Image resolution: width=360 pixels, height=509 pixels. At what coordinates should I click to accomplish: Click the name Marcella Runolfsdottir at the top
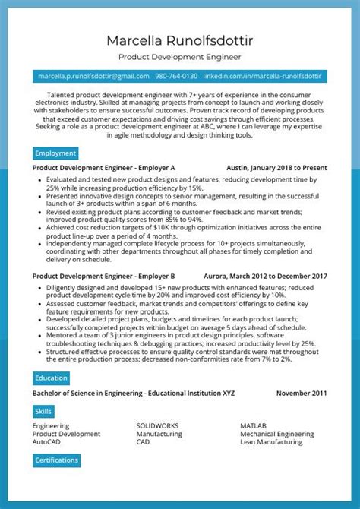[180, 40]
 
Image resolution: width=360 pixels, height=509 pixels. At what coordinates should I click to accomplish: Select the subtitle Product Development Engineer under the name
[180, 57]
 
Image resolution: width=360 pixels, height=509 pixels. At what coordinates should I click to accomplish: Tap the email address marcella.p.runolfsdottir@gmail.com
[93, 76]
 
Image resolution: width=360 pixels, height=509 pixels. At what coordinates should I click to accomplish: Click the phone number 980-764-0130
[176, 76]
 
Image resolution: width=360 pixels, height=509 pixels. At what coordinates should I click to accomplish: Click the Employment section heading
[55, 153]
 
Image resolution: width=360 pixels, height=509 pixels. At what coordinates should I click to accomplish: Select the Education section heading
[51, 378]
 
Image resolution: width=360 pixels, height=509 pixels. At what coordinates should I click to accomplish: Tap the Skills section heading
[43, 411]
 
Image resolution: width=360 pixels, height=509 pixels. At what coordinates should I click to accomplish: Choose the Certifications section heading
[57, 460]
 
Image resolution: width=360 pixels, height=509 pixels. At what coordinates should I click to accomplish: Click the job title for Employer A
[104, 168]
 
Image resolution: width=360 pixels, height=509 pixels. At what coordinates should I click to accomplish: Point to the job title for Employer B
[104, 276]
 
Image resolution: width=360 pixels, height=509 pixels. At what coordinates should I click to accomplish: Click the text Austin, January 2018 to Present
[276, 168]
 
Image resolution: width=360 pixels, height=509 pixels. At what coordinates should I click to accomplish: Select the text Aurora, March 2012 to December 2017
[265, 276]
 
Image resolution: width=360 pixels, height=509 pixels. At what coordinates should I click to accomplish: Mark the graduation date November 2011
[302, 394]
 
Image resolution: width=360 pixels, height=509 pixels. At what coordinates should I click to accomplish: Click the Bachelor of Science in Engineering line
[134, 394]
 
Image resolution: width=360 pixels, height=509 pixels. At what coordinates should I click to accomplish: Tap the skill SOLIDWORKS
[157, 426]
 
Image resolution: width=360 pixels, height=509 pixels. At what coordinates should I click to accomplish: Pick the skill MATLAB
[254, 426]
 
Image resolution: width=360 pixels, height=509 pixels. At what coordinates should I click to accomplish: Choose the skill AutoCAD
[46, 441]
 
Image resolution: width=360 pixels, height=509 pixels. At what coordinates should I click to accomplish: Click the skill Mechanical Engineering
[276, 434]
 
